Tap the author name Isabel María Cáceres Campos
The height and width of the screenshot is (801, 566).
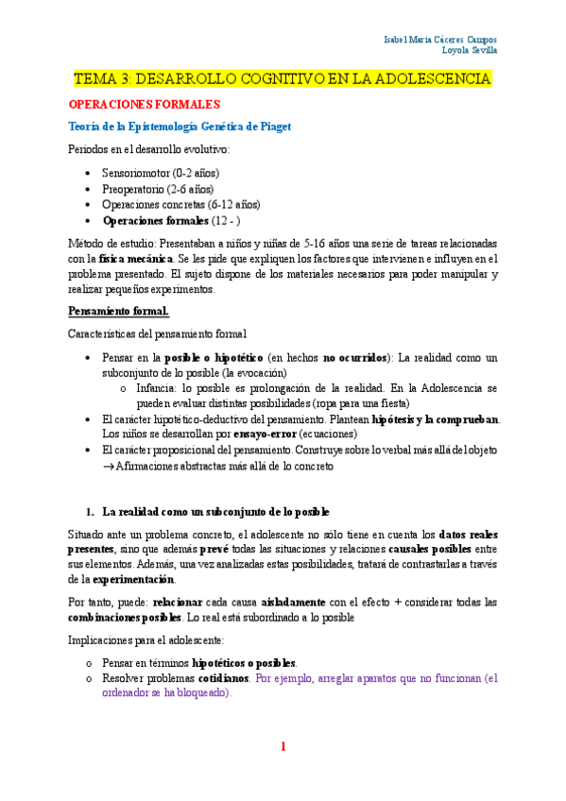(441, 40)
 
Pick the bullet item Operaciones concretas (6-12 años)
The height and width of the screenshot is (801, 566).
(180, 203)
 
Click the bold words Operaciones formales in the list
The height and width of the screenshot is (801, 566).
(156, 220)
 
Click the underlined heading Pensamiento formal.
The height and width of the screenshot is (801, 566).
(119, 311)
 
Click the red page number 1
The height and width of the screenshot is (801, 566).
(282, 746)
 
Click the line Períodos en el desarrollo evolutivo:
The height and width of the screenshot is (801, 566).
(148, 149)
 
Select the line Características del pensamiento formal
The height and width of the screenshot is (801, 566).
(158, 333)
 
